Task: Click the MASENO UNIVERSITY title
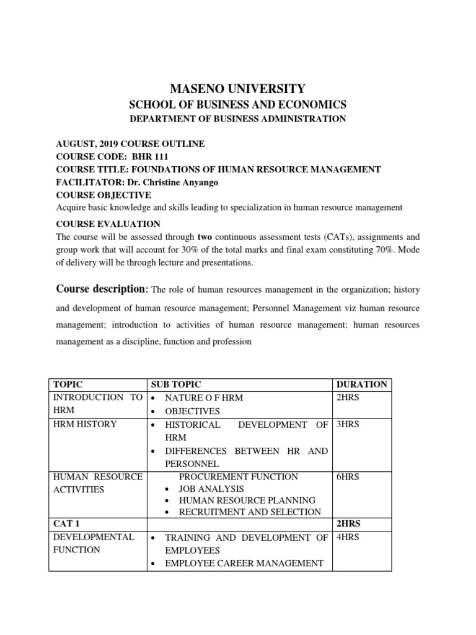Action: point(238,89)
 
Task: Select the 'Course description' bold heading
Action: point(102,289)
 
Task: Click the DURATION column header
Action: point(361,384)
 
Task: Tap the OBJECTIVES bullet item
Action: point(192,411)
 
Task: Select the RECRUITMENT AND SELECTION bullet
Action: point(250,512)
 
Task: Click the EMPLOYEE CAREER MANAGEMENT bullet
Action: point(244,564)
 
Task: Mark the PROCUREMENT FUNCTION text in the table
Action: point(238,477)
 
